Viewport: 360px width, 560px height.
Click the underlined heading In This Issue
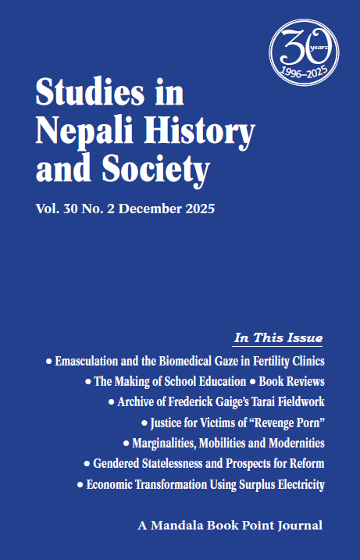coord(279,338)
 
